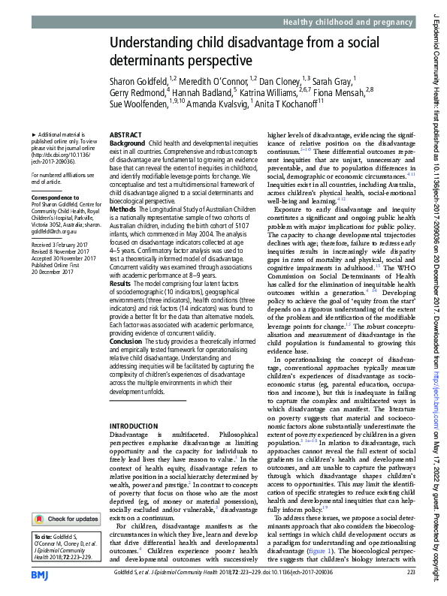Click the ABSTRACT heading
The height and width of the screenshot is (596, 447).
[x=125, y=135]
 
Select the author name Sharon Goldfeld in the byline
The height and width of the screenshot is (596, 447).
[x=138, y=79]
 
